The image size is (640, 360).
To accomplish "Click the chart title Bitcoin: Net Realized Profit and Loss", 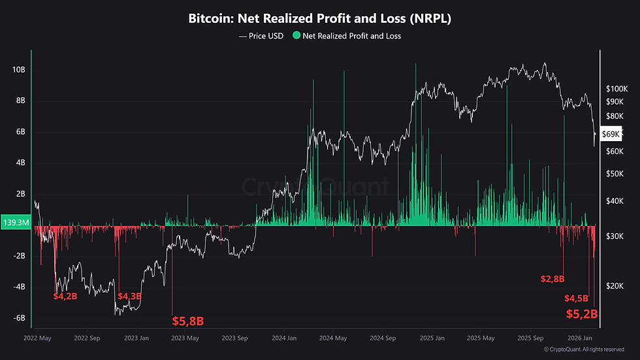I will [x=320, y=19].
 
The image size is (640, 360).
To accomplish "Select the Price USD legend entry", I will [x=261, y=36].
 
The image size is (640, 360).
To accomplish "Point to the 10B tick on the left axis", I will [x=18, y=70].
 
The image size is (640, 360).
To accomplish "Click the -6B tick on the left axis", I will [x=18, y=318].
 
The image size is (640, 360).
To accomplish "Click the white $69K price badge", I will [x=609, y=133].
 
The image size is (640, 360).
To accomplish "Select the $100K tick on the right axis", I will [x=616, y=88].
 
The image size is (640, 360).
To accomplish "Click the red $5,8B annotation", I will [x=188, y=321].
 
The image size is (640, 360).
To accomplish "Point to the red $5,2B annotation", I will [x=581, y=314].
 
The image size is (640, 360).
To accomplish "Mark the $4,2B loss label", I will [x=65, y=296].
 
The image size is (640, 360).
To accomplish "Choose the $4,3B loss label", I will [x=129, y=296].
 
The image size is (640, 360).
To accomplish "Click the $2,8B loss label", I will [x=552, y=279].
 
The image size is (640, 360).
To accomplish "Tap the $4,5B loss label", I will [x=576, y=299].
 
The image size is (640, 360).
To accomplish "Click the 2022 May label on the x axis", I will [x=37, y=338].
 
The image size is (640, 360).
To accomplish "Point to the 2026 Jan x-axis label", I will [x=581, y=338].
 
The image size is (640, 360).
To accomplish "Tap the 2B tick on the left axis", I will [x=20, y=194].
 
